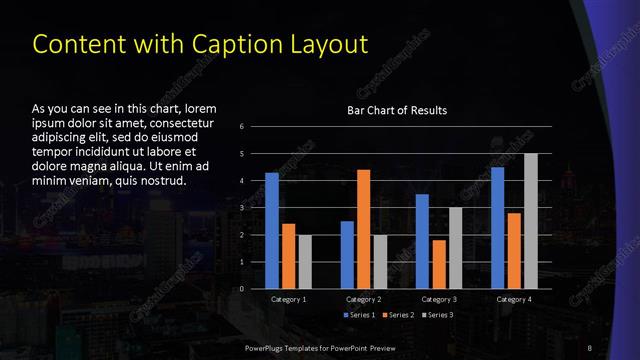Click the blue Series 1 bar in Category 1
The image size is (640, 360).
pos(272,230)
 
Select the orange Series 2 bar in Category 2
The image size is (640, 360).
pos(363,229)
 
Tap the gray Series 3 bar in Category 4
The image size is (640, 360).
pos(531,221)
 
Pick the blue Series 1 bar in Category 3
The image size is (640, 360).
pos(422,241)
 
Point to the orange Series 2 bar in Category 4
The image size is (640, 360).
pos(514,250)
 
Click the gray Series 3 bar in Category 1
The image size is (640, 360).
pos(305,262)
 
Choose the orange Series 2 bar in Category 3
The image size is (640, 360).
pos(439,264)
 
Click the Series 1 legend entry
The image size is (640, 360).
pos(359,315)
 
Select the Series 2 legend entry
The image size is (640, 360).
pos(397,315)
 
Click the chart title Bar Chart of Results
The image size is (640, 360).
pos(397,110)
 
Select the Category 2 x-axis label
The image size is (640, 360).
pos(364,299)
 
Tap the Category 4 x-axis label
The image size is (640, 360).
pos(514,299)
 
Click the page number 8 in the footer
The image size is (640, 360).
pos(590,347)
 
